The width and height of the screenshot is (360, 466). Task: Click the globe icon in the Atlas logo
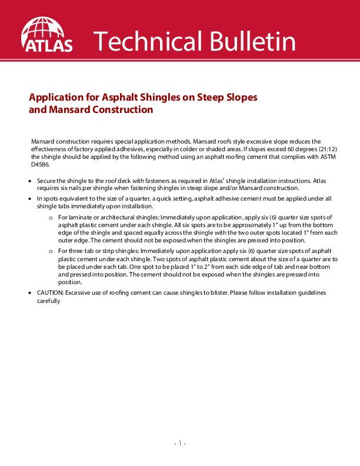[x=47, y=28]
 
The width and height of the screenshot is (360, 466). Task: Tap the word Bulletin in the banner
[x=248, y=41]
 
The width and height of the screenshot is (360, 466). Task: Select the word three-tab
[x=83, y=251]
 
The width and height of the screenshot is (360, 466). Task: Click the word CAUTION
[x=49, y=292]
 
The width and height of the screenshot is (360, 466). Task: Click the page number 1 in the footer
[x=179, y=443]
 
